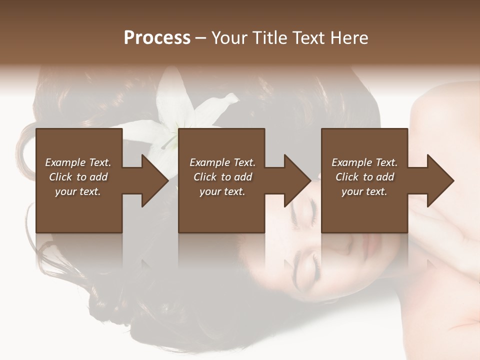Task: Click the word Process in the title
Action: tap(157, 38)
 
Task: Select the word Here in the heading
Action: tap(349, 38)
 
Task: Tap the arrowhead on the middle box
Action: tap(297, 180)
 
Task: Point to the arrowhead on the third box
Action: tap(440, 180)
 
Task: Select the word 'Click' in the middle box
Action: tap(204, 177)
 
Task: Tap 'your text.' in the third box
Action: tap(364, 191)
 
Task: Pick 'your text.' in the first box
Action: tap(78, 191)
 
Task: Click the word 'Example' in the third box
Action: tap(352, 162)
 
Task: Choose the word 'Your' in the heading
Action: tap(228, 38)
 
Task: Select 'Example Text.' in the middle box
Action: tap(222, 162)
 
